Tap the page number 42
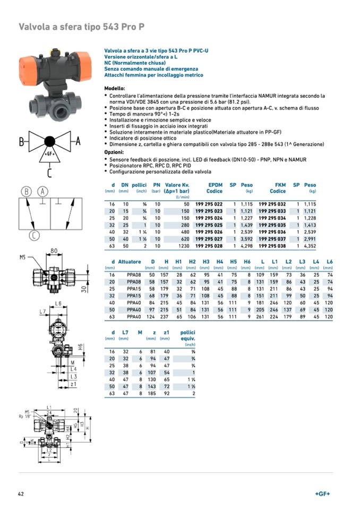click(x=22, y=494)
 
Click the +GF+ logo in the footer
click(x=322, y=494)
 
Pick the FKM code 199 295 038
click(x=272, y=246)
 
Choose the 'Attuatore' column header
click(x=130, y=262)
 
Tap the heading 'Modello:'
click(x=115, y=88)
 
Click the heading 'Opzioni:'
click(x=114, y=152)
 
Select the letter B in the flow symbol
click(x=22, y=142)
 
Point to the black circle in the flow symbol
click(x=49, y=141)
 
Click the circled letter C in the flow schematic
click(x=34, y=236)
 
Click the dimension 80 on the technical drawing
click(x=54, y=251)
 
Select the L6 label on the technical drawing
click(x=59, y=303)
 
